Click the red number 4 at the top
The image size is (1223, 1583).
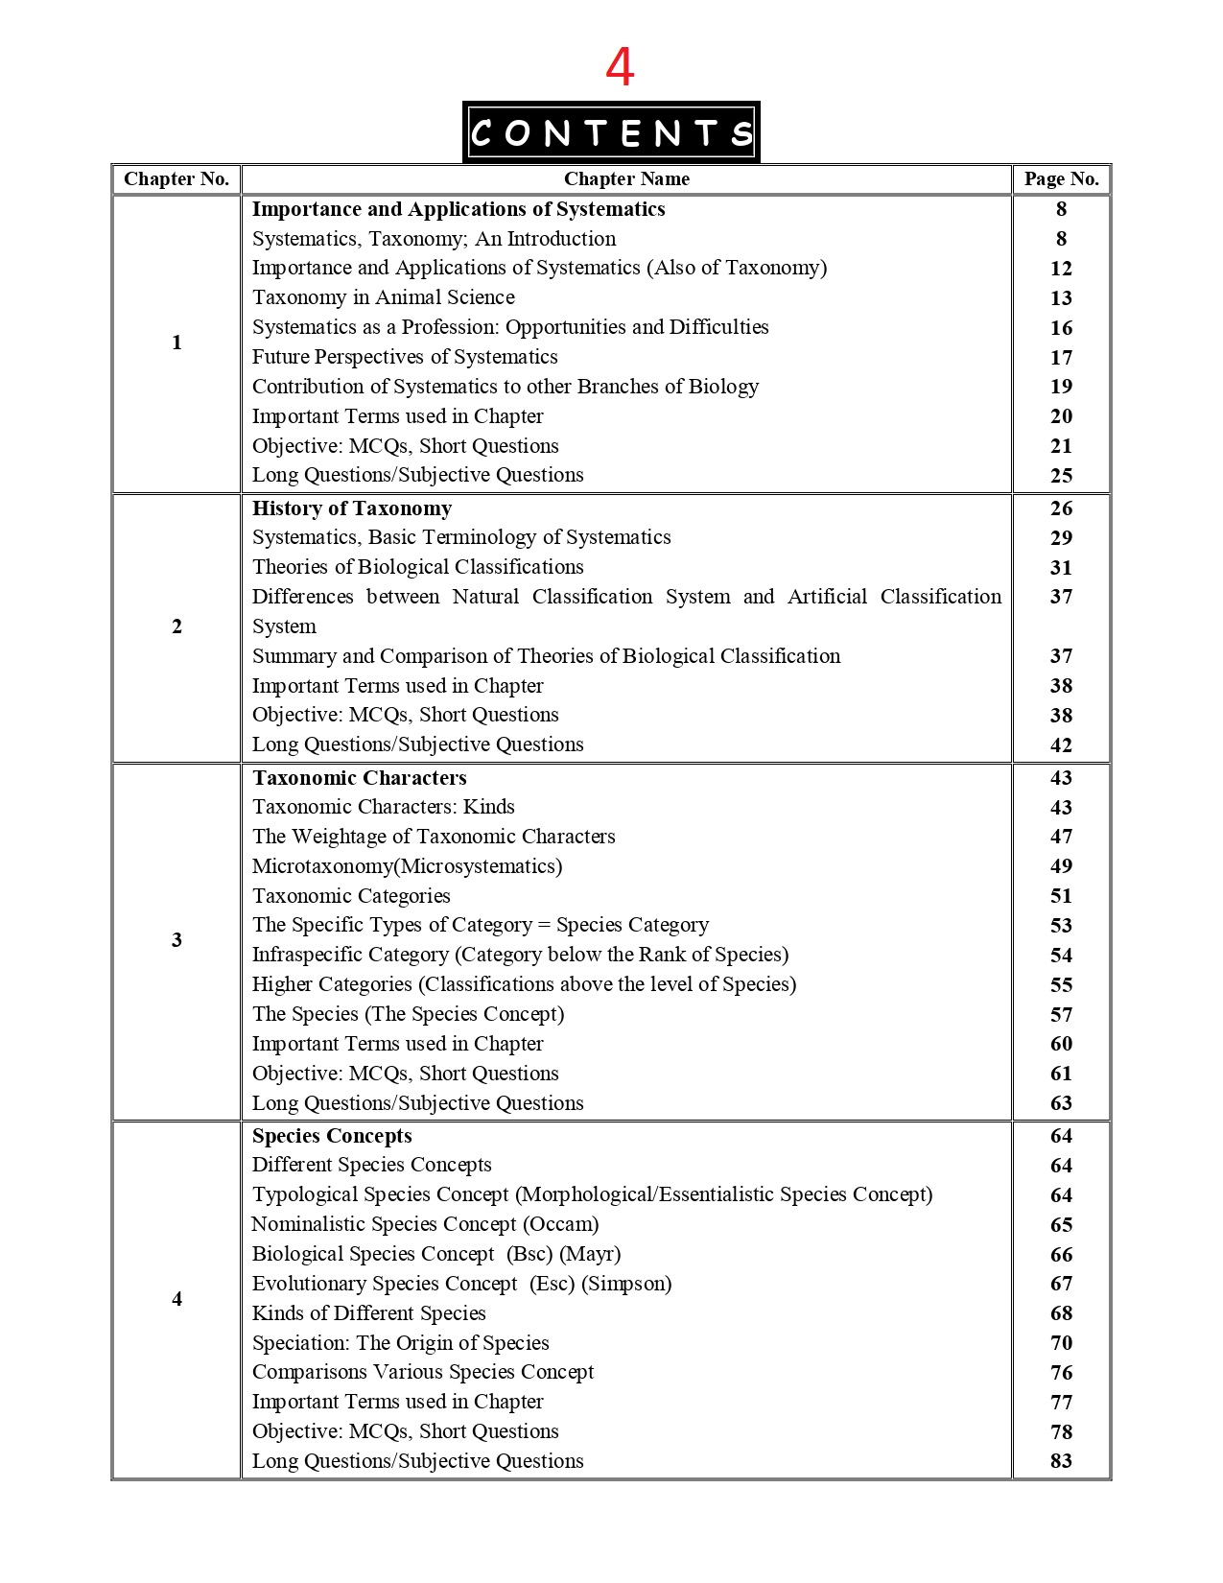620,67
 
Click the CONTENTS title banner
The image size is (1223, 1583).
611,132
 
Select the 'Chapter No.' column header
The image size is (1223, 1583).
176,179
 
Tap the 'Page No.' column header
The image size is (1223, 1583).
1061,179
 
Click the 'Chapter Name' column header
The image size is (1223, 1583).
626,179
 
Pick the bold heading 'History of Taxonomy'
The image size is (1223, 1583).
352,508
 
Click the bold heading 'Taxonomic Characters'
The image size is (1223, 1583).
360,778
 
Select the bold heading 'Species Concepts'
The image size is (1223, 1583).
332,1136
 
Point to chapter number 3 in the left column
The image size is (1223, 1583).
176,940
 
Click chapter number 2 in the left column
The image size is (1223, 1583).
176,626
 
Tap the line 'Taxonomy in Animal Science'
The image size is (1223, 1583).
384,297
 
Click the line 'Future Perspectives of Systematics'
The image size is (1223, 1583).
405,357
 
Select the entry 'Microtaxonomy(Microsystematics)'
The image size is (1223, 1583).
407,866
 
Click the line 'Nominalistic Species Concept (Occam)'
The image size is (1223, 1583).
425,1224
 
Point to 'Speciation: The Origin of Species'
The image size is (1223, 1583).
401,1343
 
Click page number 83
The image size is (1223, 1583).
1061,1461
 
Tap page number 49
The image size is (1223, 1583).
1061,866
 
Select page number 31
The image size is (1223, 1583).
1061,568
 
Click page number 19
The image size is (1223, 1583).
1061,387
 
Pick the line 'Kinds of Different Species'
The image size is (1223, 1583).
369,1313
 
